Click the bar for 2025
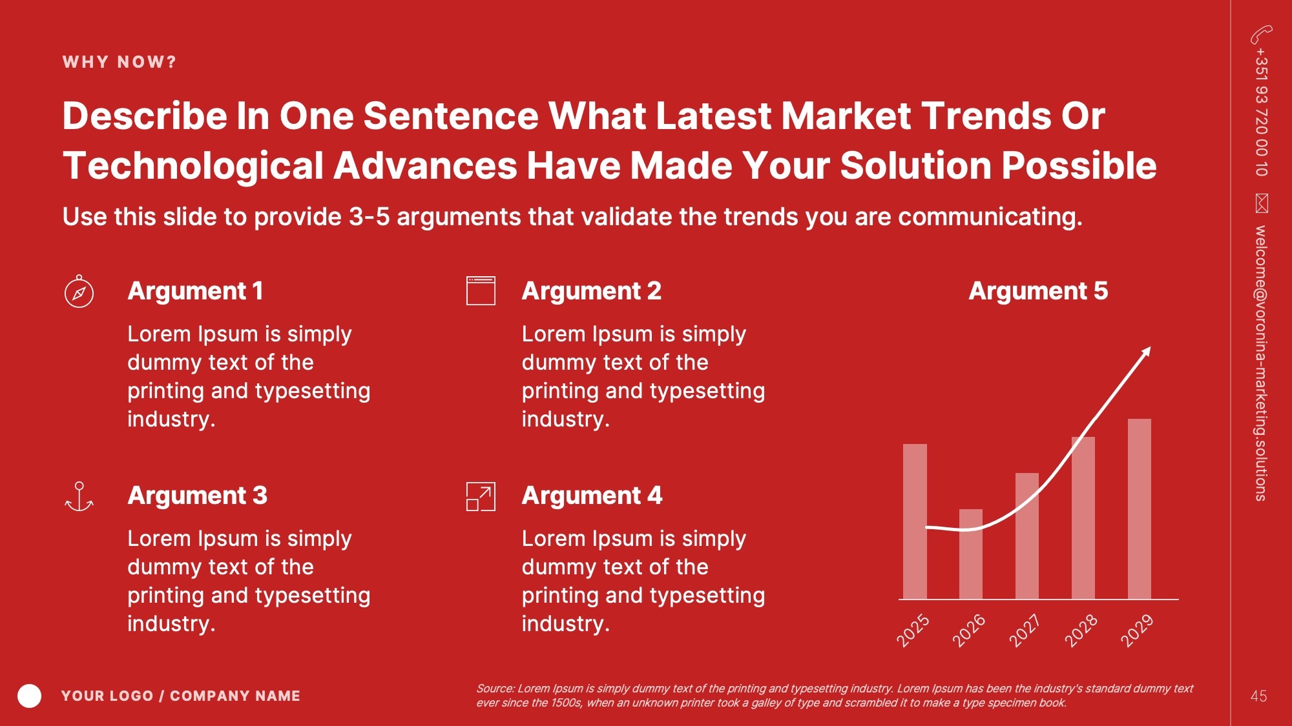pyautogui.click(x=915, y=521)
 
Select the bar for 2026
pyautogui.click(x=970, y=554)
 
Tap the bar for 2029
pyautogui.click(x=1140, y=509)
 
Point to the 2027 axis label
pyautogui.click(x=1025, y=630)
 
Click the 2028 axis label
pyautogui.click(x=1081, y=630)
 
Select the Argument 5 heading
pyautogui.click(x=1038, y=291)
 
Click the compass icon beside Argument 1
pyautogui.click(x=79, y=292)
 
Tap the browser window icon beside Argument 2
pyautogui.click(x=481, y=291)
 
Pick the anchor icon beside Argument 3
pyautogui.click(x=79, y=497)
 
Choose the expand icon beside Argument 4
pyautogui.click(x=481, y=497)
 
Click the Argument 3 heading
pyautogui.click(x=198, y=496)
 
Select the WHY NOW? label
pyautogui.click(x=120, y=62)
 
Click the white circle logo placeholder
pyautogui.click(x=29, y=696)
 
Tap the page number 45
pyautogui.click(x=1258, y=696)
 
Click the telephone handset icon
pyautogui.click(x=1261, y=34)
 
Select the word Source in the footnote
pyautogui.click(x=495, y=689)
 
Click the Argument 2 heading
pyautogui.click(x=592, y=291)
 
